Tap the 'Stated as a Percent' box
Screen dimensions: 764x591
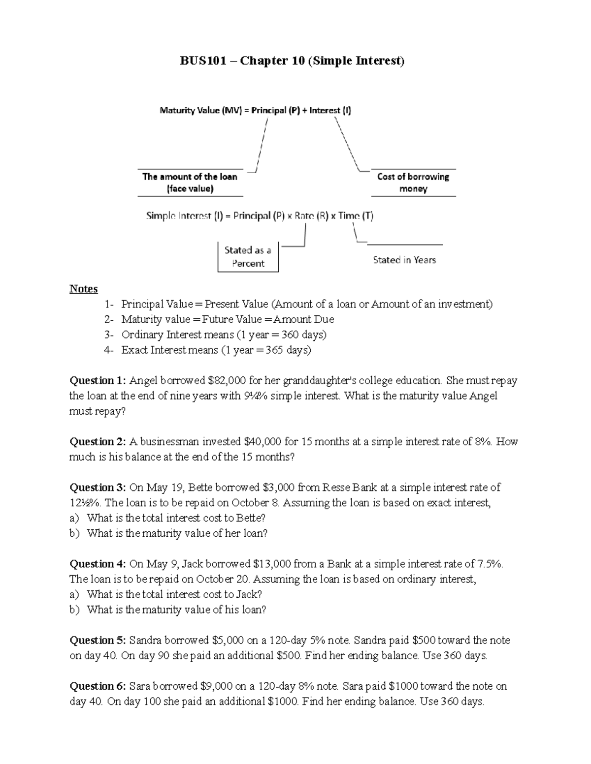pyautogui.click(x=248, y=256)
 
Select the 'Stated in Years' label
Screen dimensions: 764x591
pyautogui.click(x=404, y=260)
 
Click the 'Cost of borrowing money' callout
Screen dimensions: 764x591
pyautogui.click(x=413, y=183)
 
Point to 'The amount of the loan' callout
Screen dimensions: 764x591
pyautogui.click(x=190, y=183)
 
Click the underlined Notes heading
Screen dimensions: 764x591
pyautogui.click(x=83, y=289)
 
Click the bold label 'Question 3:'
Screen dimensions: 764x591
pyautogui.click(x=98, y=488)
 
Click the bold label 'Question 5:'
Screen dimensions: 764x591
pyautogui.click(x=98, y=640)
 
